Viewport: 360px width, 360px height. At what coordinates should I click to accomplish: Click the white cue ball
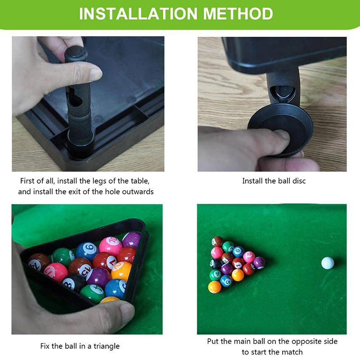[328, 263]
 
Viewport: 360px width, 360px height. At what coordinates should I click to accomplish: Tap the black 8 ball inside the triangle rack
[73, 283]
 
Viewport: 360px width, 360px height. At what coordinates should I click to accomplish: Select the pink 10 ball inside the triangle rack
[110, 246]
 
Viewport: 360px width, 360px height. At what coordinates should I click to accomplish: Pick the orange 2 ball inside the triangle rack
[121, 271]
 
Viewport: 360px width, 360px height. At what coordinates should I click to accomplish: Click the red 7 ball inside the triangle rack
[105, 262]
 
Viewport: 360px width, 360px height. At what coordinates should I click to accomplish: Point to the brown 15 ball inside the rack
[80, 267]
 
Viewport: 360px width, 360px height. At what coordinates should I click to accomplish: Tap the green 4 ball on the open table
[216, 275]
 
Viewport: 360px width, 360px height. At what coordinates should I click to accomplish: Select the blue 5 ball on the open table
[226, 281]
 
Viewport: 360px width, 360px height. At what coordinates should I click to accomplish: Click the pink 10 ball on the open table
[249, 257]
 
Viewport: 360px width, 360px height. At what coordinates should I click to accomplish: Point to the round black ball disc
[280, 130]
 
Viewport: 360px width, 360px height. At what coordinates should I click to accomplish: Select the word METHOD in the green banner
[238, 14]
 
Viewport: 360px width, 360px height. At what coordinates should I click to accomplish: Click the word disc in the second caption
[299, 181]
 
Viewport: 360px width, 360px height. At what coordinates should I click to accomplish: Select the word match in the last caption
[292, 352]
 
